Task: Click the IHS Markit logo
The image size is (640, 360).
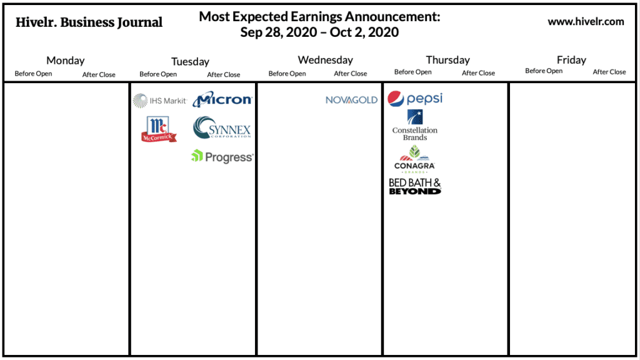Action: pyautogui.click(x=159, y=101)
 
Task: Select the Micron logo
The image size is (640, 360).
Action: pyautogui.click(x=222, y=99)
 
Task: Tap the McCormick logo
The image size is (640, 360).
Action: pyautogui.click(x=159, y=129)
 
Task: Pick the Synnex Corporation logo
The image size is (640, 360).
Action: pyautogui.click(x=222, y=127)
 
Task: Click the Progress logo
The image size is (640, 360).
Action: pyautogui.click(x=222, y=156)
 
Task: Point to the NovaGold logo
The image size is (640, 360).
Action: pyautogui.click(x=351, y=100)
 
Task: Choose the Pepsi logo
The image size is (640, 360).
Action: pyautogui.click(x=415, y=99)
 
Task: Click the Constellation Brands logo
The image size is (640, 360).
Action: pyautogui.click(x=415, y=125)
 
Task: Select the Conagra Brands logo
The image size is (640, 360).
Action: pyautogui.click(x=414, y=159)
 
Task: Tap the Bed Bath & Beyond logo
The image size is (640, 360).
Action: pyautogui.click(x=415, y=186)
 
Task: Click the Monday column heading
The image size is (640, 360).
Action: pyautogui.click(x=65, y=61)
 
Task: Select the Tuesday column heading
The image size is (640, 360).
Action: pyautogui.click(x=190, y=62)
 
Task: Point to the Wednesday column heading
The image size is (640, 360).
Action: pyautogui.click(x=325, y=60)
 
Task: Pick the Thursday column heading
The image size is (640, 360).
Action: pyautogui.click(x=447, y=60)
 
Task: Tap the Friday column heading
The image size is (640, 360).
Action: pyautogui.click(x=571, y=60)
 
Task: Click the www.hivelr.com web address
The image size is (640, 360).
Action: pyautogui.click(x=586, y=22)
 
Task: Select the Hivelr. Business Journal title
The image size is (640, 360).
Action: pyautogui.click(x=89, y=22)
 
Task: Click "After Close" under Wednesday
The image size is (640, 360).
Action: pyautogui.click(x=350, y=74)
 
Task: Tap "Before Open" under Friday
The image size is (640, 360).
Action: pyautogui.click(x=544, y=71)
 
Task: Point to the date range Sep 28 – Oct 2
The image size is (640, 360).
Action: pyautogui.click(x=319, y=32)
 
